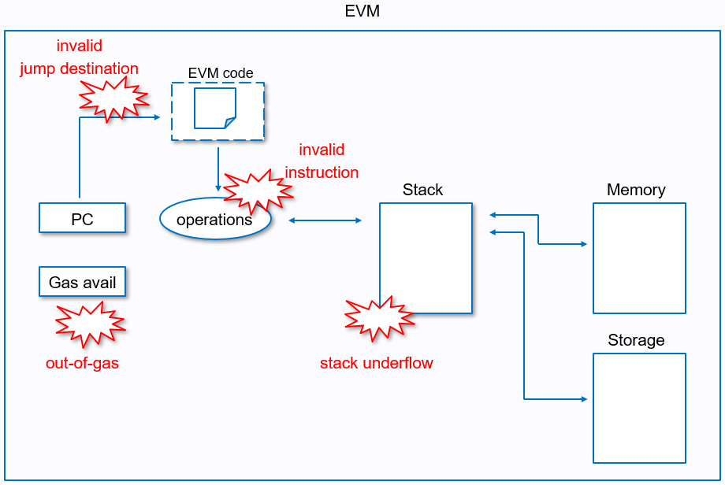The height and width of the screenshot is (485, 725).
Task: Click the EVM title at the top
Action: pos(362,12)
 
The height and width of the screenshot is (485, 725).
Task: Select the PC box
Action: pos(82,218)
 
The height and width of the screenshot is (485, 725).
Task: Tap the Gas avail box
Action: pos(82,282)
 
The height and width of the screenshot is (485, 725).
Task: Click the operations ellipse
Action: pos(214,220)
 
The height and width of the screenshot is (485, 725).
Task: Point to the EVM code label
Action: pos(221,73)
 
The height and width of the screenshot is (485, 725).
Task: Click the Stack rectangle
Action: pos(426,258)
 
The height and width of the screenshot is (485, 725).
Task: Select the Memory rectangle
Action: pos(639,258)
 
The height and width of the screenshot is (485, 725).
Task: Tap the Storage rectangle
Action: pos(639,408)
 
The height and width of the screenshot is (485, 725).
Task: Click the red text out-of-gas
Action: pos(82,364)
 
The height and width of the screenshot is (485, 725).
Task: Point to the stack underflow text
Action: pos(377,363)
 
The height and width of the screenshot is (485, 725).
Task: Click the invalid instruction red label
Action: pos(322,161)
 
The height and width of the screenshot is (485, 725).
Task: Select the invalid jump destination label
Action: pos(79,57)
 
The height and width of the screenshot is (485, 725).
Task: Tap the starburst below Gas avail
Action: pos(90,324)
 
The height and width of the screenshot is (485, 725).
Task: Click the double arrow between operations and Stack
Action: pos(325,220)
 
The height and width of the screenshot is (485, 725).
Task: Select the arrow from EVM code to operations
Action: pos(217,168)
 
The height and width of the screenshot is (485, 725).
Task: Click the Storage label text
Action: pos(636,340)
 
